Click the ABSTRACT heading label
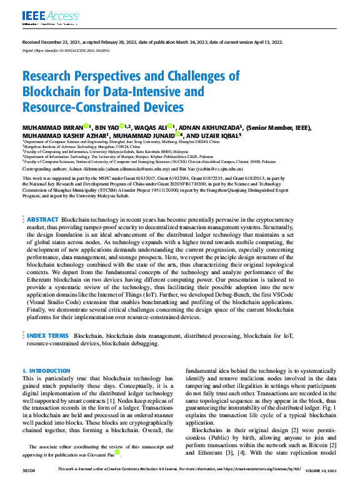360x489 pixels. click(42, 220)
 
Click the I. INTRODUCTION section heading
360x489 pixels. click(46, 371)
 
